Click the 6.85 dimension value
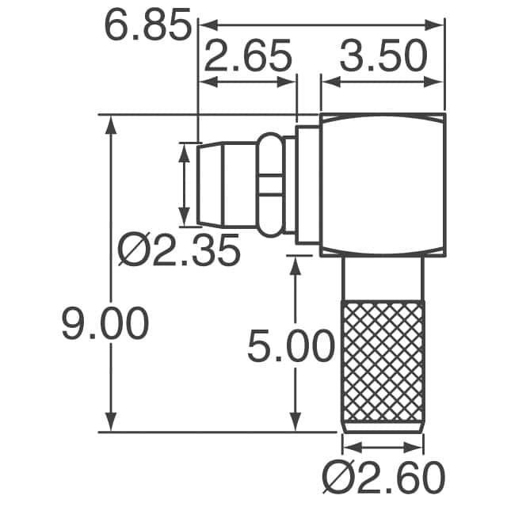click(x=147, y=26)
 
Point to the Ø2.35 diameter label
click(x=178, y=251)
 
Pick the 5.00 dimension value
click(x=289, y=347)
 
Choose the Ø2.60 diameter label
click(x=384, y=478)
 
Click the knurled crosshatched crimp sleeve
click(x=382, y=364)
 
